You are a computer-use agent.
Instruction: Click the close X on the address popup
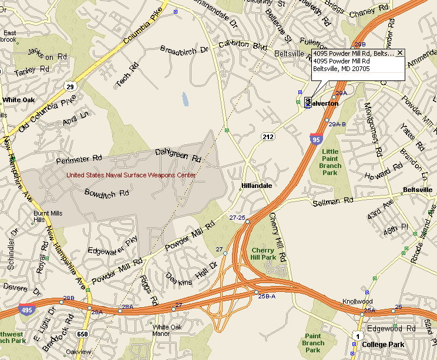click(400, 53)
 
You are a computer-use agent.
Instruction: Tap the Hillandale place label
click(256, 186)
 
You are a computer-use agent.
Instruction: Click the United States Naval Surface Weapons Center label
click(131, 174)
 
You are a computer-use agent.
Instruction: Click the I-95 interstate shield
click(315, 139)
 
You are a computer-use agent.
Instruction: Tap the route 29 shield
click(70, 87)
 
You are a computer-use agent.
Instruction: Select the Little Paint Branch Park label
click(331, 162)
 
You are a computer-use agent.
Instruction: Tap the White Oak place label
click(19, 100)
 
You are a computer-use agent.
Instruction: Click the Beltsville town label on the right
click(418, 190)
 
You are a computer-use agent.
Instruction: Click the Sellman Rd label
click(334, 202)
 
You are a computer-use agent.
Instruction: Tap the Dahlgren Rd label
click(178, 156)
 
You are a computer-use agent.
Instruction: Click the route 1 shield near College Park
click(357, 335)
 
